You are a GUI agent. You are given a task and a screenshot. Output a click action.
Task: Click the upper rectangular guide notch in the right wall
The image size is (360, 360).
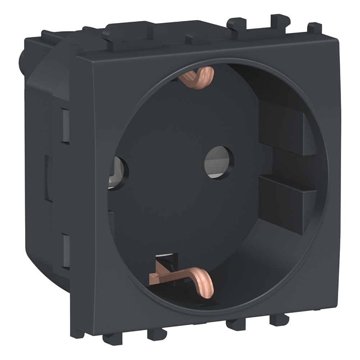(284, 126)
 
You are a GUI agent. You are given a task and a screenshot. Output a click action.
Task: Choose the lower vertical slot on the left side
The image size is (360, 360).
(66, 250)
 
